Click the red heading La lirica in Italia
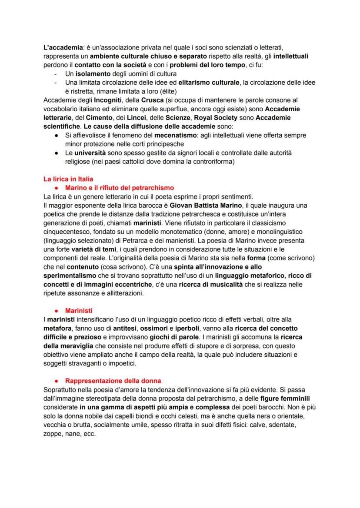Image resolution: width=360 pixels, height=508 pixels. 68,179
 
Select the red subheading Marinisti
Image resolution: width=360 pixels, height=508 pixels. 79,311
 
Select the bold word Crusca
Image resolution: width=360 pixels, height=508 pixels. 152,100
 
